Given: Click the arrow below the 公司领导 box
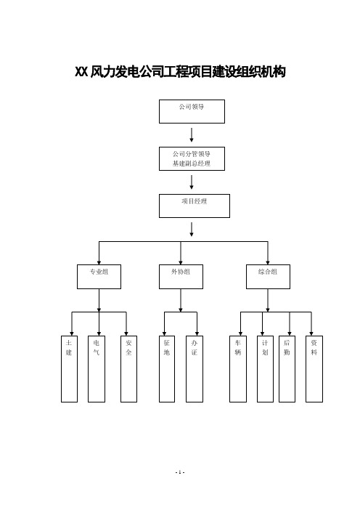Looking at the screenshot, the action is tap(192, 135).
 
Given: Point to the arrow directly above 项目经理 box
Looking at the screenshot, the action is tap(192, 182).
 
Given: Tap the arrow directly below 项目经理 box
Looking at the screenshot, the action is tap(192, 230).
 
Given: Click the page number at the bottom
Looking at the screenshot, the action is tap(180, 472).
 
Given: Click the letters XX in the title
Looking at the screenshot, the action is tap(81, 72).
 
